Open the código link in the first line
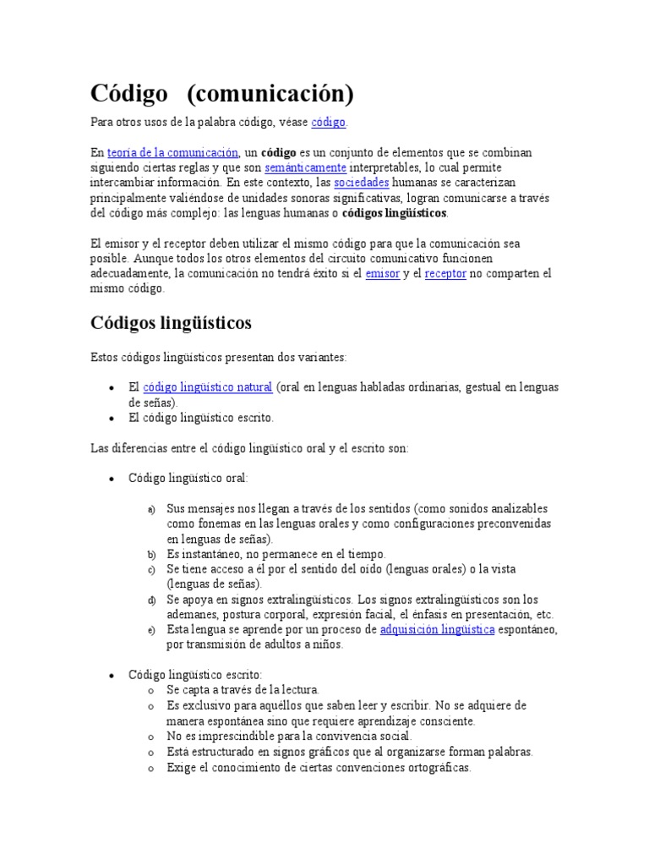[328, 123]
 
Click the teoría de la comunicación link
[173, 153]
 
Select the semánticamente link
[306, 168]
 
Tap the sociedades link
[362, 183]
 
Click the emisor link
[383, 274]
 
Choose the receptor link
[445, 274]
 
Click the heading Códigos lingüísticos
[171, 323]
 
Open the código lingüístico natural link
[208, 387]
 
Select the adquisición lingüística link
[437, 630]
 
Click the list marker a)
[151, 509]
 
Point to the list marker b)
[151, 555]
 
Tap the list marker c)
[151, 570]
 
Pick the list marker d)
[151, 600]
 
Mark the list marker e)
[151, 631]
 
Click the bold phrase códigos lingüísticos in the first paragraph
[395, 213]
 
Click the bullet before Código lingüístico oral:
[112, 479]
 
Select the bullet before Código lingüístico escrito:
[112, 676]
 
